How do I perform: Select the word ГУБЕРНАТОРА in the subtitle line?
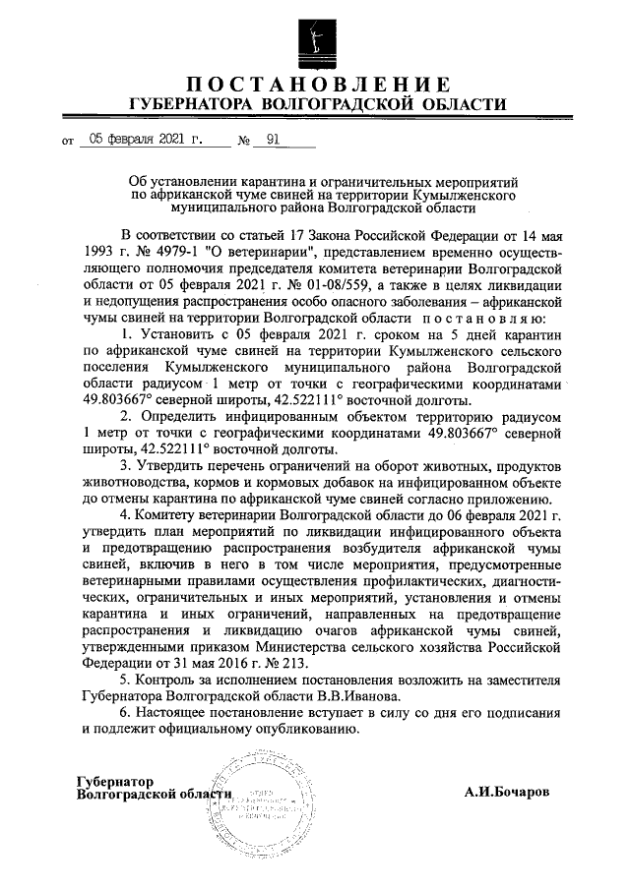(193, 104)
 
